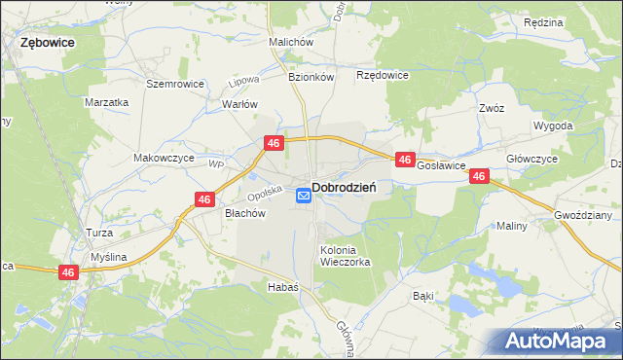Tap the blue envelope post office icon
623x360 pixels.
(303, 196)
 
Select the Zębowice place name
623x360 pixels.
(48, 44)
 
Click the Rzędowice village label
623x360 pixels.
(383, 75)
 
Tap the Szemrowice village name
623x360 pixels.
(175, 84)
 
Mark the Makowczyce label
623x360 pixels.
(164, 158)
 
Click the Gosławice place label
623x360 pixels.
(442, 166)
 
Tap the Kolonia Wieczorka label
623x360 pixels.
(346, 256)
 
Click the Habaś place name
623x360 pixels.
(282, 287)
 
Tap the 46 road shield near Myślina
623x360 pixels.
(67, 273)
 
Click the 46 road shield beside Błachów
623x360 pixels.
(204, 199)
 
